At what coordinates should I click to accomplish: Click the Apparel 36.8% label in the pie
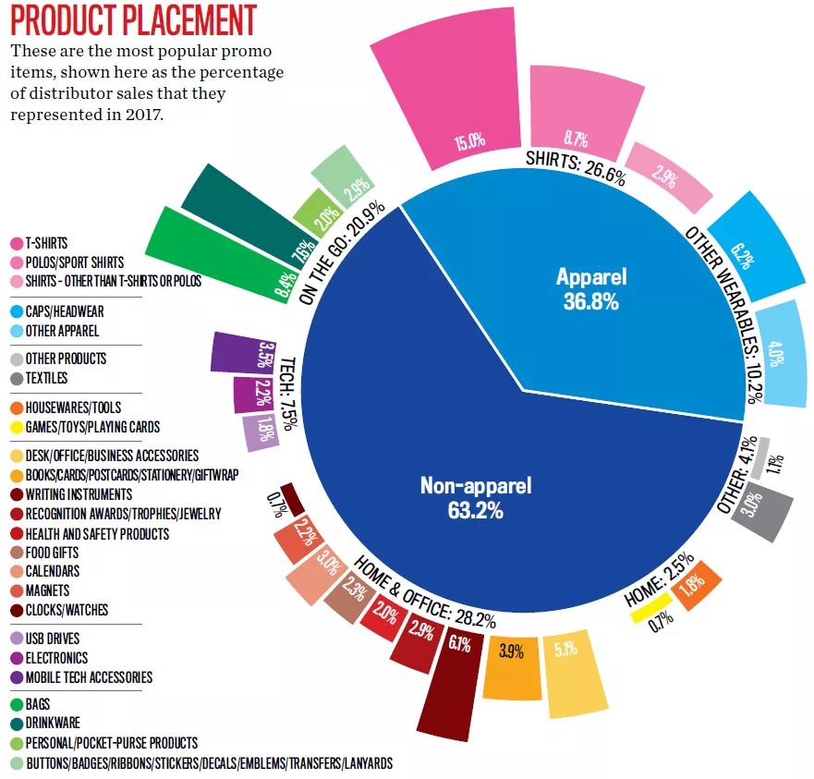pyautogui.click(x=590, y=287)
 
